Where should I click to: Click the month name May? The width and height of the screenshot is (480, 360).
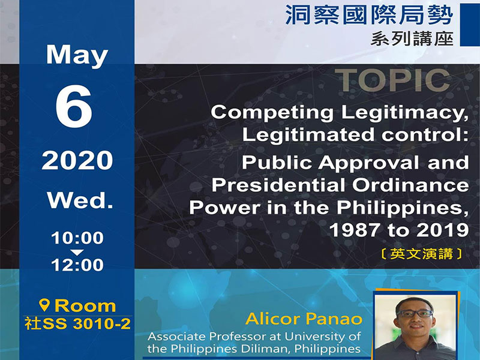[x=76, y=56]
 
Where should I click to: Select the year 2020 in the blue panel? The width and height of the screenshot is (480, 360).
[x=77, y=161]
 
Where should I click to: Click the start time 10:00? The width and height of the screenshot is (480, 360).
[x=77, y=238]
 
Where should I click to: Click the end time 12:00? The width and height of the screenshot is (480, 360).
[x=77, y=265]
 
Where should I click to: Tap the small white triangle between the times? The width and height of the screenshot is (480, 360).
[x=77, y=251]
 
